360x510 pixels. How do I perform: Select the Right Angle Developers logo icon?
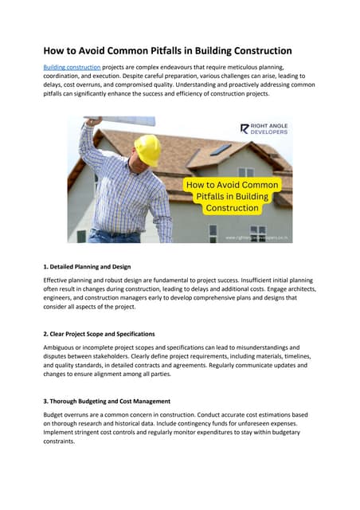coord(245,128)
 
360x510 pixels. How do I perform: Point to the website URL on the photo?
coord(257,237)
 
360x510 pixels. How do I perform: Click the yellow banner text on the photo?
coord(232,196)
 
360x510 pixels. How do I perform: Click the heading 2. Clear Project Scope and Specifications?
coord(99,333)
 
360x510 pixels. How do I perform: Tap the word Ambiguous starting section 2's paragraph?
coord(62,347)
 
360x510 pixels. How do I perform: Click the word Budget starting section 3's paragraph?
coord(55,415)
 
